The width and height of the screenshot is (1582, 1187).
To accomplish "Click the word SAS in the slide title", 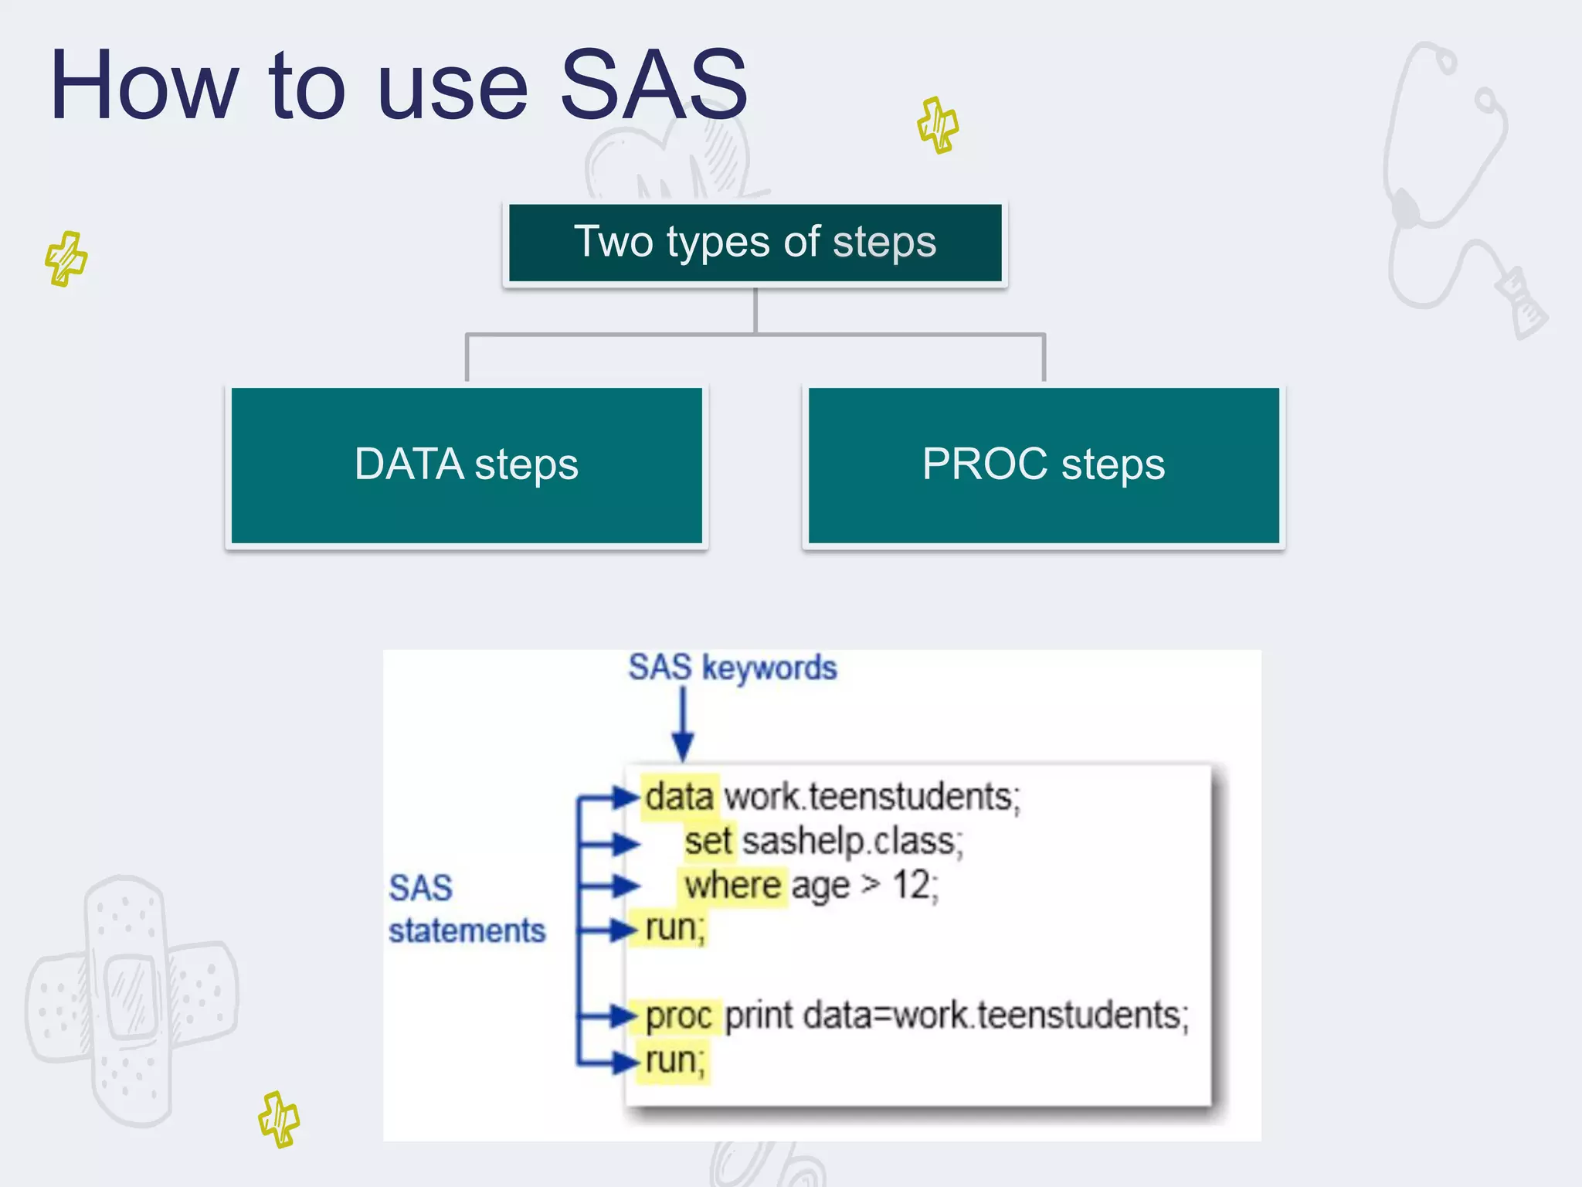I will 653,85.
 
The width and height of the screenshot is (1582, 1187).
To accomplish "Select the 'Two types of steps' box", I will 755,243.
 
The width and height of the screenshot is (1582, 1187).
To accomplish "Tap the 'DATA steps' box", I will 467,465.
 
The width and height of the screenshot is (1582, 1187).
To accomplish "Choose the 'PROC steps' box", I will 1044,465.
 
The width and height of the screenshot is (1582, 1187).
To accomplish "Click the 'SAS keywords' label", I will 732,668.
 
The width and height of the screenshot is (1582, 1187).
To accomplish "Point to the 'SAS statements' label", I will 466,910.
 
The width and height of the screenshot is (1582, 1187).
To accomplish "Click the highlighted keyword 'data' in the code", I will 679,797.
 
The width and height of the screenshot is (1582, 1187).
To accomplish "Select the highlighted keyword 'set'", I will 707,842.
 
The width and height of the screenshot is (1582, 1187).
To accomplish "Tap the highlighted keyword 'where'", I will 732,886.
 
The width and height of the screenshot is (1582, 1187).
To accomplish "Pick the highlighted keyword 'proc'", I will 678,1016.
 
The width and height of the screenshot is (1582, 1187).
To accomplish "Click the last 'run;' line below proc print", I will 674,1061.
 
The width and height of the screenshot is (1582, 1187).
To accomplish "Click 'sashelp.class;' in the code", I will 853,842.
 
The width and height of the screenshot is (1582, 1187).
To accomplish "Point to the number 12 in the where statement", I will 912,886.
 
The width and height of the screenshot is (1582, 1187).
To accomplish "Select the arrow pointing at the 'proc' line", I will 610,1015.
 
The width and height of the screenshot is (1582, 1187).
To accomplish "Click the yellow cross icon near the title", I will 938,125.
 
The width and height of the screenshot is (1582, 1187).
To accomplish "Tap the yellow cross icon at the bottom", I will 279,1119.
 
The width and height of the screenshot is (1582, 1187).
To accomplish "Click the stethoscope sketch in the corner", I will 1452,185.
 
